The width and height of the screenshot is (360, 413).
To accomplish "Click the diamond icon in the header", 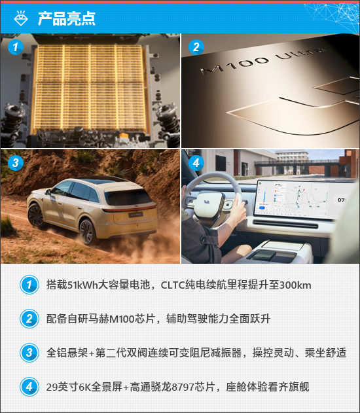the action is (20, 18).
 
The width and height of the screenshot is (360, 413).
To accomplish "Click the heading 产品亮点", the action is (66, 18).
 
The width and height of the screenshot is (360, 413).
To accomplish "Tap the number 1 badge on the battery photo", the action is (16, 47).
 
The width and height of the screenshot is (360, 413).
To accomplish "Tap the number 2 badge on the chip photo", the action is (196, 47).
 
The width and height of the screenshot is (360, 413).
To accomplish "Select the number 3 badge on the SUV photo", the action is (16, 162).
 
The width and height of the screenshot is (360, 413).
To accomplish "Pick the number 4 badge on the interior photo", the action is (196, 162).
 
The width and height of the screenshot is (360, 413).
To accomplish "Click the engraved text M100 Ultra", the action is (263, 61).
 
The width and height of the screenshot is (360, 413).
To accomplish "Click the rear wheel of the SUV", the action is (87, 232).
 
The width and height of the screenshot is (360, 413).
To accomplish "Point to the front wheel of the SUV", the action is (35, 215).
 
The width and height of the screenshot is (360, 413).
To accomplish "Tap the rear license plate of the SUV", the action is (135, 215).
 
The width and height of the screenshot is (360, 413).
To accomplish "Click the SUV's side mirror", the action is (48, 192).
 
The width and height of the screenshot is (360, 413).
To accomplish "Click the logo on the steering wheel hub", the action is (206, 202).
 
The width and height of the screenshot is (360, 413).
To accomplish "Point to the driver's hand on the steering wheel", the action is (238, 209).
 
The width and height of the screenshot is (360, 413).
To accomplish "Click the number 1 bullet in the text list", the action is (29, 285).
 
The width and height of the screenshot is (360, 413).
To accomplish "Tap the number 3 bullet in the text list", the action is (29, 353).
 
